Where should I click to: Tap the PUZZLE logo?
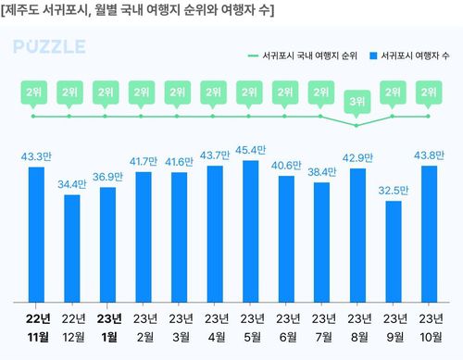51,47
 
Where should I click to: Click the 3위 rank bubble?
357,100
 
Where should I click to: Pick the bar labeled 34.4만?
72,248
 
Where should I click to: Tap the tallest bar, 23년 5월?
249,230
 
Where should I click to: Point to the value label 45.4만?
250,150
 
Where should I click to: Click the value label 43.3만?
37,156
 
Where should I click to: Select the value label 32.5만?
393,191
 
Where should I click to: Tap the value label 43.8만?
429,155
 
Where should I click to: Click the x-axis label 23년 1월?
107,328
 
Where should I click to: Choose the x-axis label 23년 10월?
429,328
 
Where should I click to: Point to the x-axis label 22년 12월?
72,328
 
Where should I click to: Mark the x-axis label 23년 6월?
285,328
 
